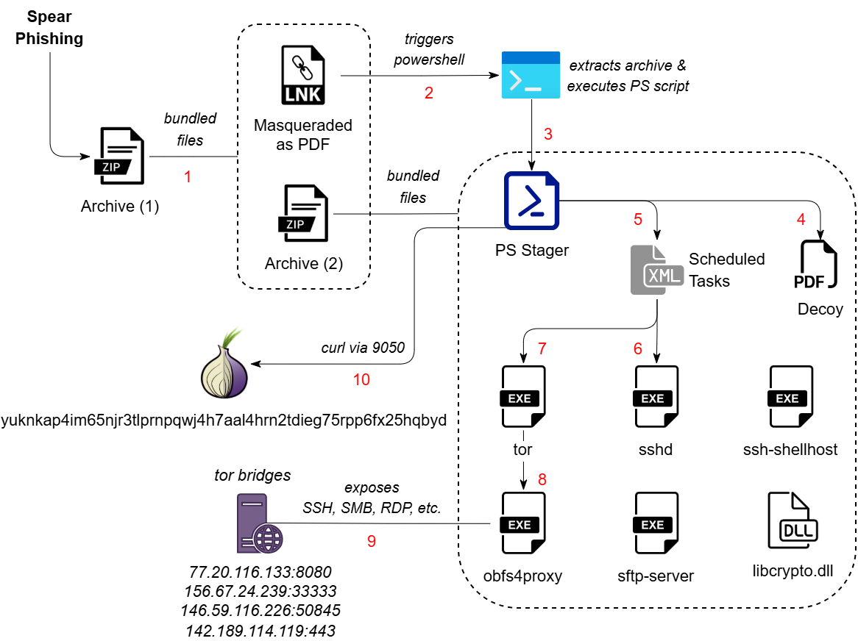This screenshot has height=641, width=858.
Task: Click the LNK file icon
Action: tap(303, 75)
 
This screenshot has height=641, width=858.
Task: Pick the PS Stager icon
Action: tap(531, 200)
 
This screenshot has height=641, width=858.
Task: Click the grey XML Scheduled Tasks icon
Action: tap(655, 270)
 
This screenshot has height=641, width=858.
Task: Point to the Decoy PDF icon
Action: tap(816, 267)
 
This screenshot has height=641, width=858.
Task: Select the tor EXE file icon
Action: tap(523, 397)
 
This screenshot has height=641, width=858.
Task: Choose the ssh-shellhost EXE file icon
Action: tap(790, 397)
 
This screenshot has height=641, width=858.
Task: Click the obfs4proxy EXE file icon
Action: tap(523, 523)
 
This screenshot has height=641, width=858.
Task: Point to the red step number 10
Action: tap(361, 379)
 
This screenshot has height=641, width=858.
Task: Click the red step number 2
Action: tap(428, 93)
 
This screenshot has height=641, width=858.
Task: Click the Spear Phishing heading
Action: tap(50, 27)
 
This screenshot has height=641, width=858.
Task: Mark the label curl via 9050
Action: tap(363, 347)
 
